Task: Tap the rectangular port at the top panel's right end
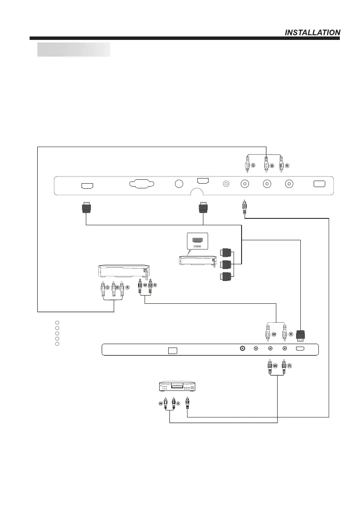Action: pyautogui.click(x=319, y=184)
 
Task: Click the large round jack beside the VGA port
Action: pyautogui.click(x=179, y=184)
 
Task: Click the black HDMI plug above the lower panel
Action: pyautogui.click(x=301, y=336)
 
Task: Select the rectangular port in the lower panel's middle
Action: pyautogui.click(x=172, y=350)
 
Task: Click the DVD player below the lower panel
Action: pyautogui.click(x=176, y=386)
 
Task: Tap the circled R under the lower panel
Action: pyautogui.click(x=289, y=366)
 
